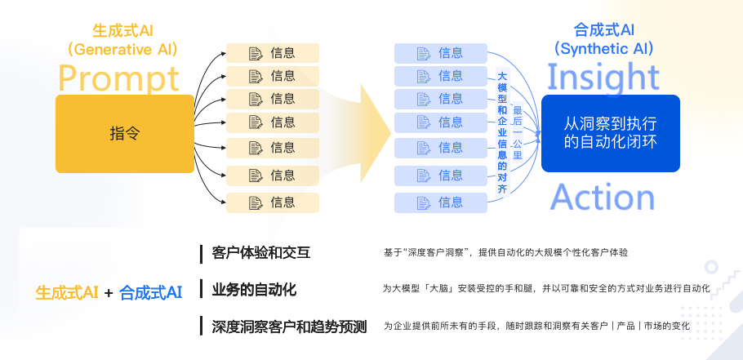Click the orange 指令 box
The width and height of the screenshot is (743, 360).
125,133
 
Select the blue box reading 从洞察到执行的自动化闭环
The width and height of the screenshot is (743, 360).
610,133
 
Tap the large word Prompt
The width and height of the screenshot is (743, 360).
118,78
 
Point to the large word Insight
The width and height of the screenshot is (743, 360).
603,77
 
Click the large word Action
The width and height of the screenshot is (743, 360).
603,198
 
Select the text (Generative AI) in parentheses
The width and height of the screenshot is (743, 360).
123,49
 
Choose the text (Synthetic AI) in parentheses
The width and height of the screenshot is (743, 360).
604,49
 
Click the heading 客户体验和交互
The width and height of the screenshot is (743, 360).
260,253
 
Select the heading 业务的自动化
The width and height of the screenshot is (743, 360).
253,290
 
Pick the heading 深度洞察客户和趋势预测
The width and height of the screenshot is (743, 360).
289,327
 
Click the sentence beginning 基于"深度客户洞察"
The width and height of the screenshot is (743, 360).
505,253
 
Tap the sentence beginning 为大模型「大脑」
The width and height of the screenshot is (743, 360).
546,289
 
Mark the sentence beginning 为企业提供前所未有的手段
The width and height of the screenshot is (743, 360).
536,326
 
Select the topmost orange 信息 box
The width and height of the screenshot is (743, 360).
272,53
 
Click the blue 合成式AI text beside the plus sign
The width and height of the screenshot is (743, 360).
150,292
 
